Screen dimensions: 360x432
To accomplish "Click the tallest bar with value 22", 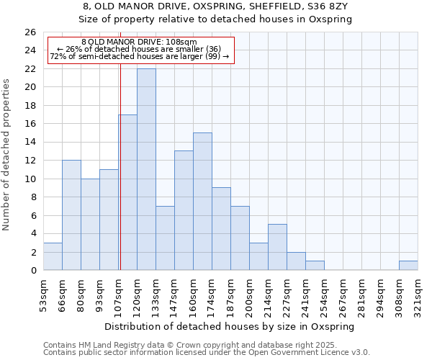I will (x=146, y=169).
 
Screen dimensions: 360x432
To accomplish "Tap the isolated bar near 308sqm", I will (x=408, y=265).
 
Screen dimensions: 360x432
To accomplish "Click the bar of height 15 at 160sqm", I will (x=202, y=202).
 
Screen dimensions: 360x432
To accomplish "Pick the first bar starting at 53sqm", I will (x=53, y=256).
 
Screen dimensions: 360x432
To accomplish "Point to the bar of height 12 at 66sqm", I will (x=71, y=215).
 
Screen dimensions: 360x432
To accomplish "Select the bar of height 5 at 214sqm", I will (x=277, y=247).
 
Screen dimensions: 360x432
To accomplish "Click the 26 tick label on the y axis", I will (x=30, y=32).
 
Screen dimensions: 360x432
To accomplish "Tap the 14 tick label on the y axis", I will (x=30, y=143).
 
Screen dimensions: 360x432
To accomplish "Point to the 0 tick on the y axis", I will (x=32, y=271).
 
